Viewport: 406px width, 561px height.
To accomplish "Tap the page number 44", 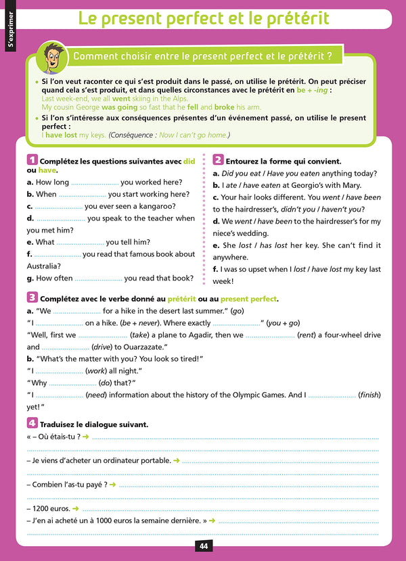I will pos(203,546).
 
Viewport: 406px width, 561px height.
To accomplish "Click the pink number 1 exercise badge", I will pos(31,161).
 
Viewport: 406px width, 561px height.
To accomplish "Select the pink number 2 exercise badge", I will pos(218,160).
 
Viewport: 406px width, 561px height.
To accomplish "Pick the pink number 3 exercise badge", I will pos(32,297).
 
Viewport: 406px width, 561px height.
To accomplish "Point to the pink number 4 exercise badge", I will pos(32,423).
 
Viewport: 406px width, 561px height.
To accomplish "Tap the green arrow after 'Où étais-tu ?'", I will pos(86,437).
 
